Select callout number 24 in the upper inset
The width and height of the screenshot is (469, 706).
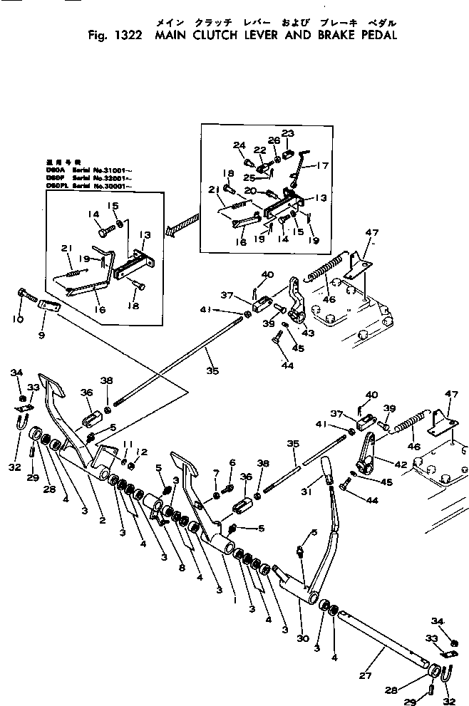238,145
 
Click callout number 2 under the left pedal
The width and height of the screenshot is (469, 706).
103,521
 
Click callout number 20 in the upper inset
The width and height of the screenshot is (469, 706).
249,191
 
